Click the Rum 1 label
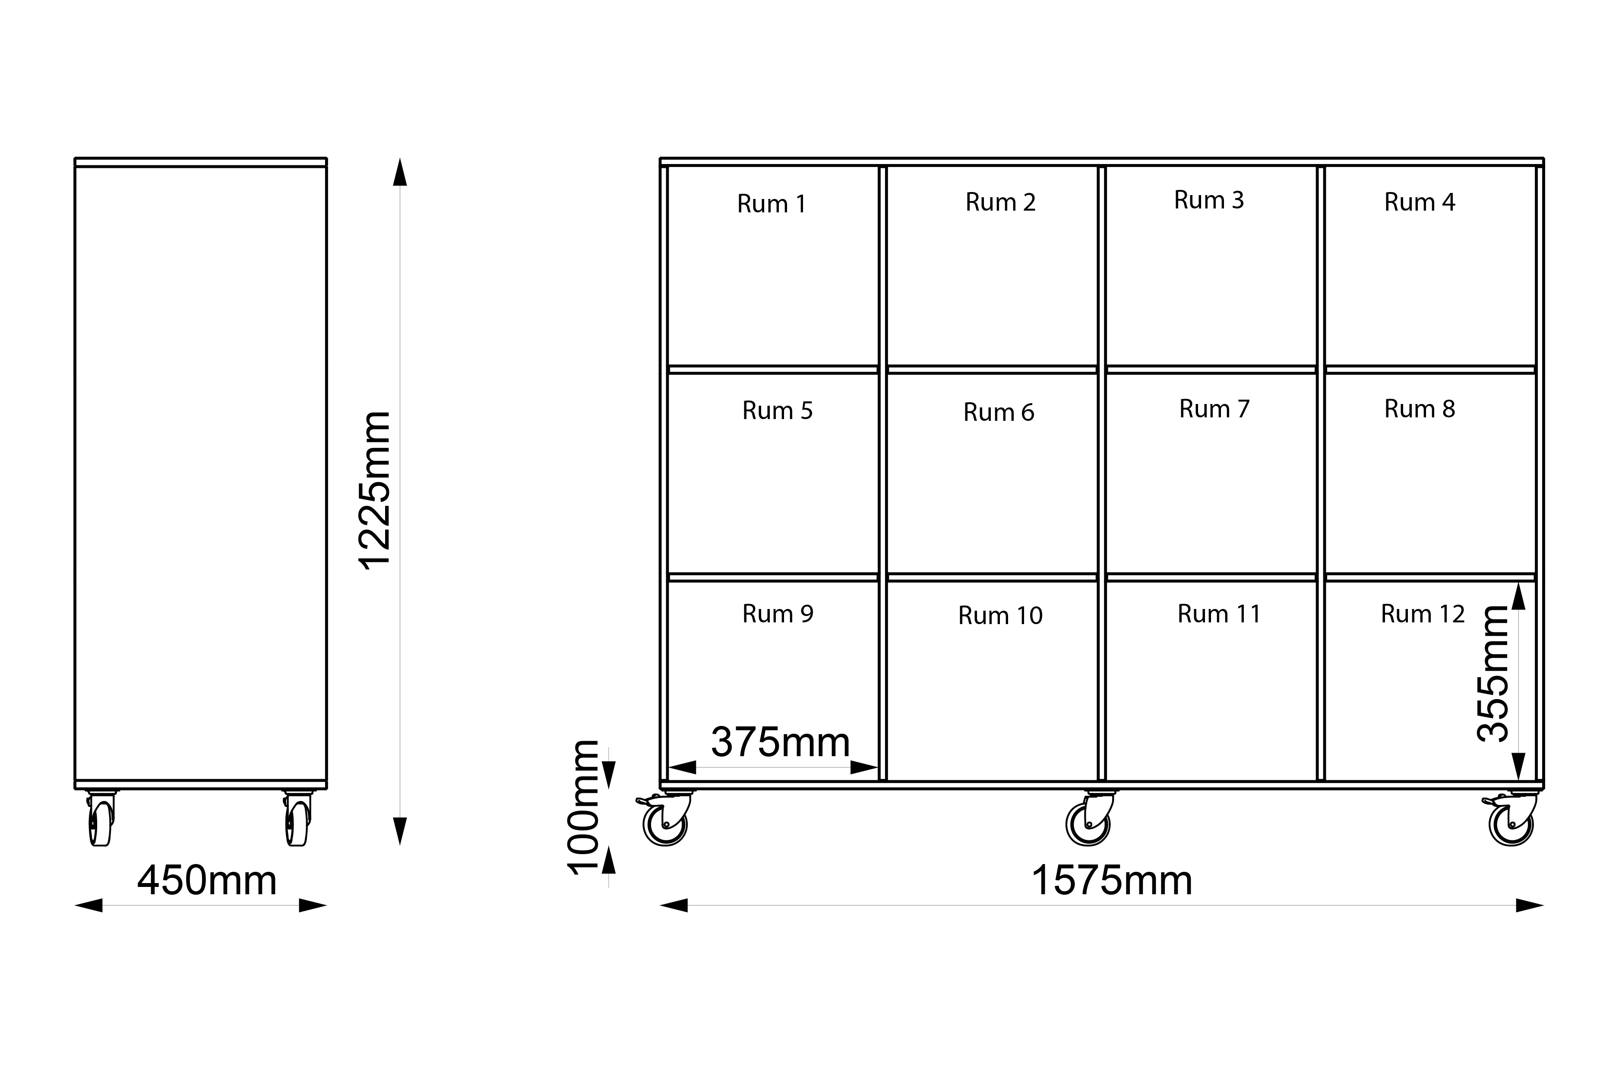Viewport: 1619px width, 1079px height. click(771, 204)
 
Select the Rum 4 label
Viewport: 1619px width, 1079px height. click(1420, 202)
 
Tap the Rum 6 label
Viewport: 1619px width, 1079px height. click(998, 412)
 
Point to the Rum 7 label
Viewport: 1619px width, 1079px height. click(1214, 409)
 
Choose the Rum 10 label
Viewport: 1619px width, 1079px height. click(1000, 615)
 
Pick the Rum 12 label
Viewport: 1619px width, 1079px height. click(1423, 613)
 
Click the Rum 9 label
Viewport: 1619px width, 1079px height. click(778, 613)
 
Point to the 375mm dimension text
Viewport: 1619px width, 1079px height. click(781, 742)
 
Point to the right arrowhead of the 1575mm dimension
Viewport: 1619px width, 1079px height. click(1530, 905)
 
